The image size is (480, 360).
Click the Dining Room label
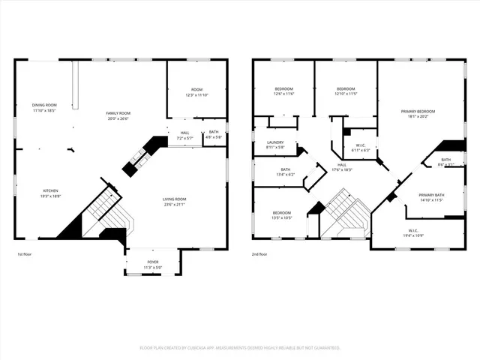click(44, 107)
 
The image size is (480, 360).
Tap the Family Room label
click(118, 115)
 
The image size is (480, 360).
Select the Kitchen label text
click(50, 193)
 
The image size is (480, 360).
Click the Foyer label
click(152, 263)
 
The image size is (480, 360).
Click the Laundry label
click(275, 144)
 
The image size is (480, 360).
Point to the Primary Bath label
click(431, 197)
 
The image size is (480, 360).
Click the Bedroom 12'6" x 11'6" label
click(283, 91)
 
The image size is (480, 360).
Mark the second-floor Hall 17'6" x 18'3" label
click(342, 167)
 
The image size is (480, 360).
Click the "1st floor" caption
click(25, 255)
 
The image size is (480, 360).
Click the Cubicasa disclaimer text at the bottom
click(240, 348)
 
